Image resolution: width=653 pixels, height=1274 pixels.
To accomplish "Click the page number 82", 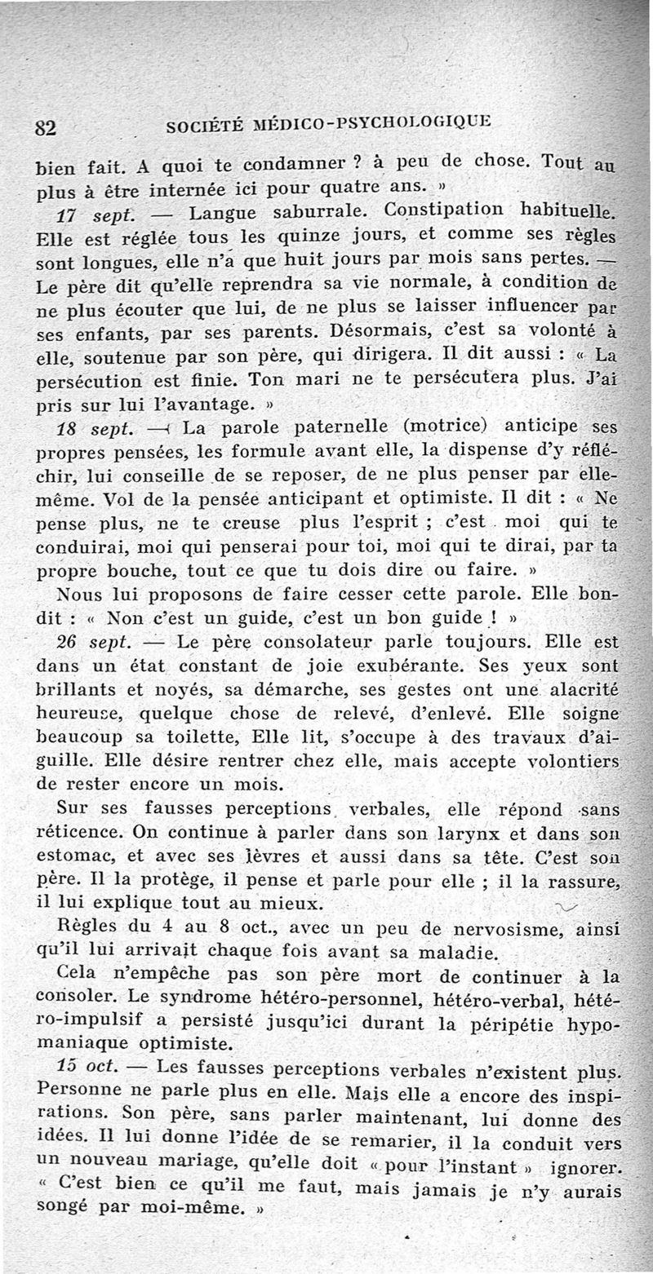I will point(43,127).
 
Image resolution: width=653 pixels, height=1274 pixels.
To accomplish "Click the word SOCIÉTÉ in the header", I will point(202,126).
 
